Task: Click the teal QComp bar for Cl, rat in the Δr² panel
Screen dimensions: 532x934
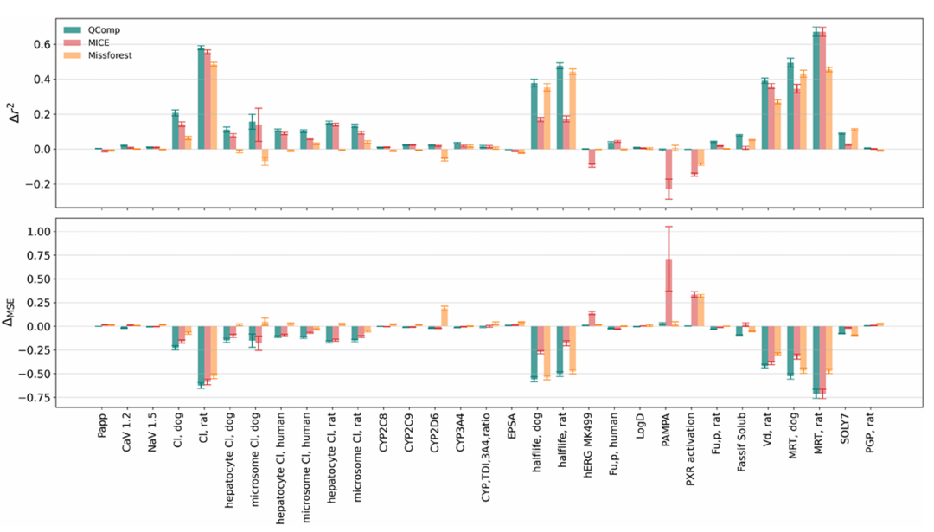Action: click(201, 98)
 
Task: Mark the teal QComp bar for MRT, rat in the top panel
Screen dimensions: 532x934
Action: click(816, 90)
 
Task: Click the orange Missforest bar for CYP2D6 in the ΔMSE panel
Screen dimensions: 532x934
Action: click(445, 317)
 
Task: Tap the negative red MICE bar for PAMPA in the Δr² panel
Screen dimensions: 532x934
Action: click(668, 169)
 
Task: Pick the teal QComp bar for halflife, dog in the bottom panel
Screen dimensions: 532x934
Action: click(534, 353)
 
